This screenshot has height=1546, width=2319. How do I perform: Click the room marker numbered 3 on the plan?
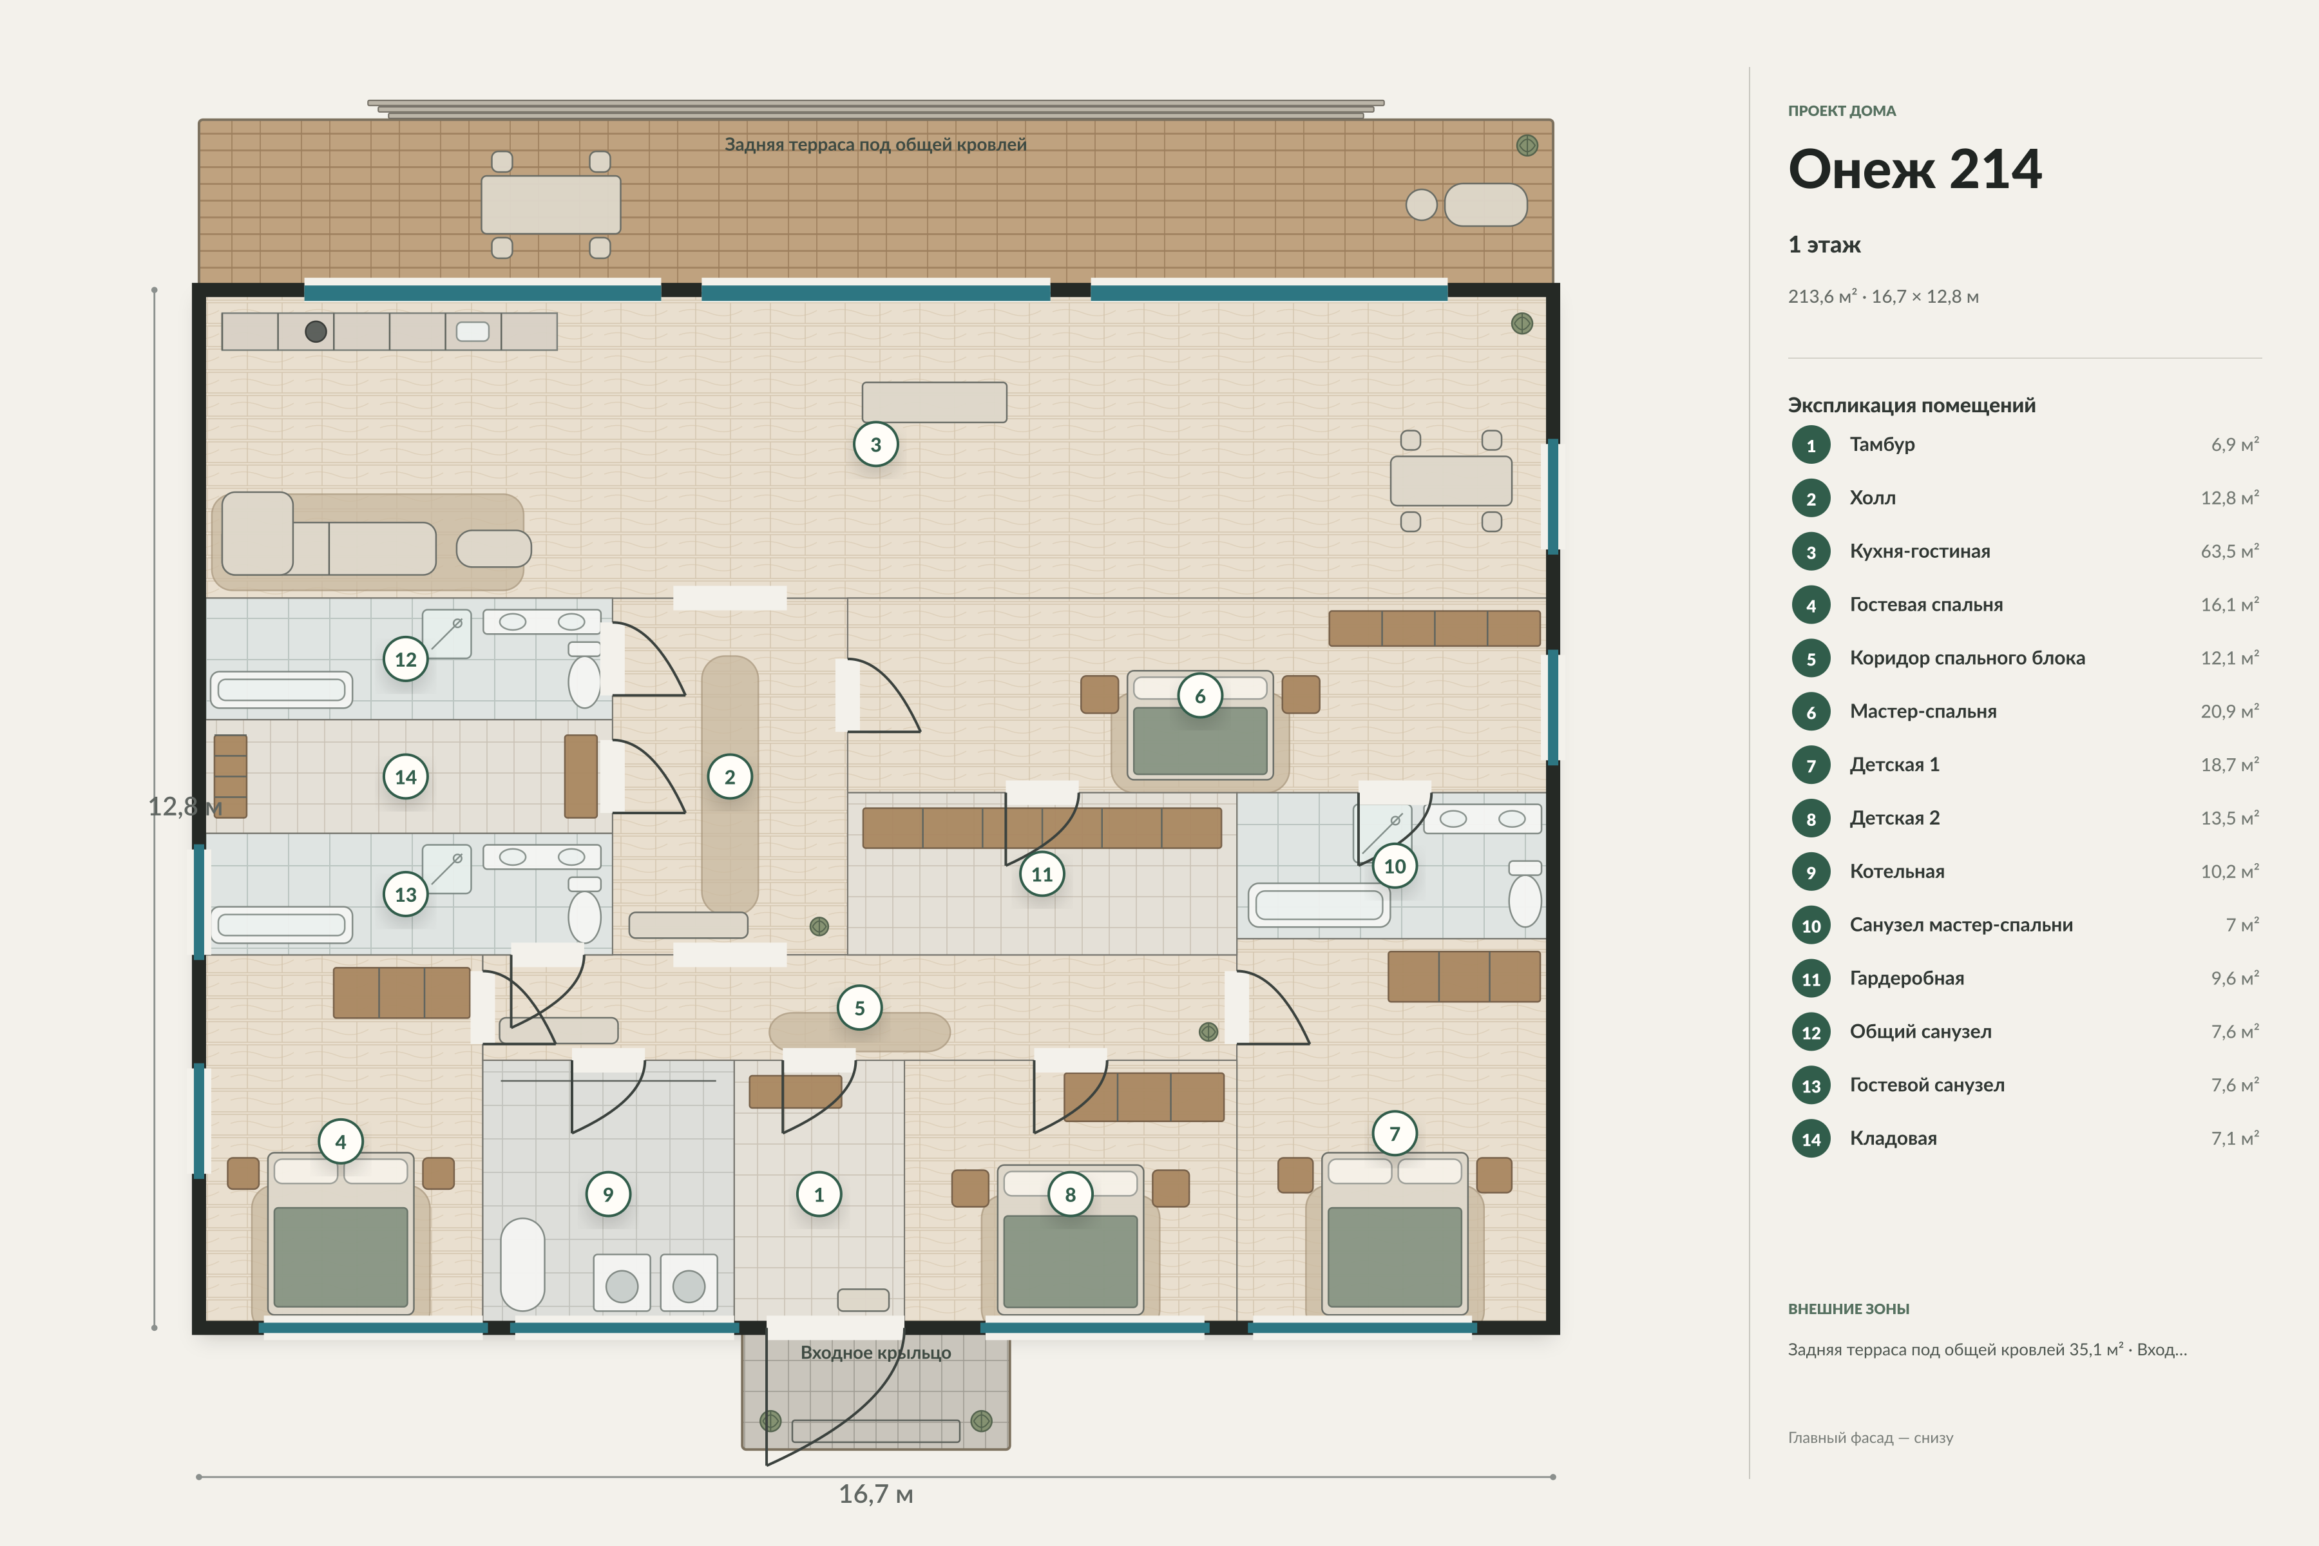(875, 444)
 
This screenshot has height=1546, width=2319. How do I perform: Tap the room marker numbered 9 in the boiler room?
(608, 1194)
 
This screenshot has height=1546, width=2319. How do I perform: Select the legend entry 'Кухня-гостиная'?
(1920, 551)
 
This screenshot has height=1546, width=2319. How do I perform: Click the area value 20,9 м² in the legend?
(2229, 711)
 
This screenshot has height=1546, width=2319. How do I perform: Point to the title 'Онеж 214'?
(1914, 169)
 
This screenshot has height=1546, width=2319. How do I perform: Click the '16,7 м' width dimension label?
(875, 1494)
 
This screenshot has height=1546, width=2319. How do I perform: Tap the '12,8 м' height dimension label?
(184, 806)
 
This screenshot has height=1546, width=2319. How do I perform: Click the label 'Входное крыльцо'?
(875, 1353)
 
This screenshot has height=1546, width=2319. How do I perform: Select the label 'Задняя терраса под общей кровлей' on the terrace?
(875, 145)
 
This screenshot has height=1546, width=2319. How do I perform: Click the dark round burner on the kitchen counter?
(316, 331)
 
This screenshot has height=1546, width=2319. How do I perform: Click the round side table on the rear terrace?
(1421, 205)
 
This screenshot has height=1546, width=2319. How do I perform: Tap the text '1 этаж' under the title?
(1824, 245)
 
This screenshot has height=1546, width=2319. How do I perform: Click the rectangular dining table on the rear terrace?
(550, 205)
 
